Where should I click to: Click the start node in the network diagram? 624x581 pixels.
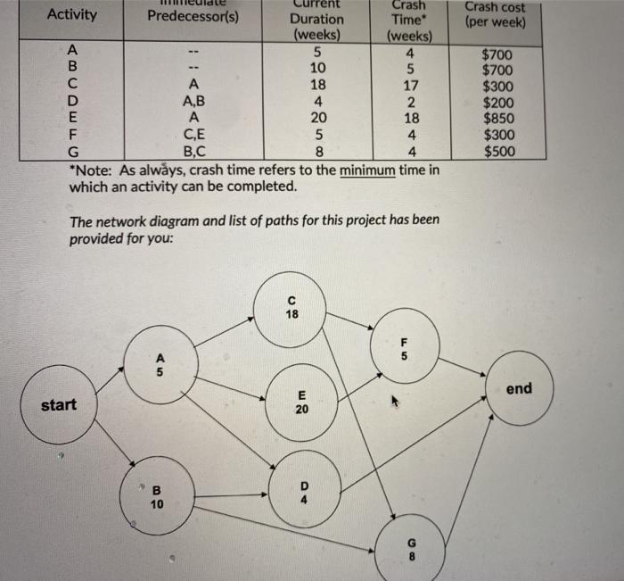(59, 406)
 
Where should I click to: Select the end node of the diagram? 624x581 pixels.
(517, 389)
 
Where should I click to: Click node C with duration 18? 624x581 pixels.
(291, 308)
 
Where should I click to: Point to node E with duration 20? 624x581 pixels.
(302, 403)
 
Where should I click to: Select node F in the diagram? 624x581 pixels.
(402, 348)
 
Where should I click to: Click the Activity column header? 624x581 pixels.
(72, 15)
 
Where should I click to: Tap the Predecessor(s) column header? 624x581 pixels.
(193, 16)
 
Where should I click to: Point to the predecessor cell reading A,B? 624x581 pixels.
(192, 102)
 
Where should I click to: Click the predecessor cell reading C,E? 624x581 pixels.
(192, 135)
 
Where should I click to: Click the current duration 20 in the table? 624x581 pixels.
(318, 118)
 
